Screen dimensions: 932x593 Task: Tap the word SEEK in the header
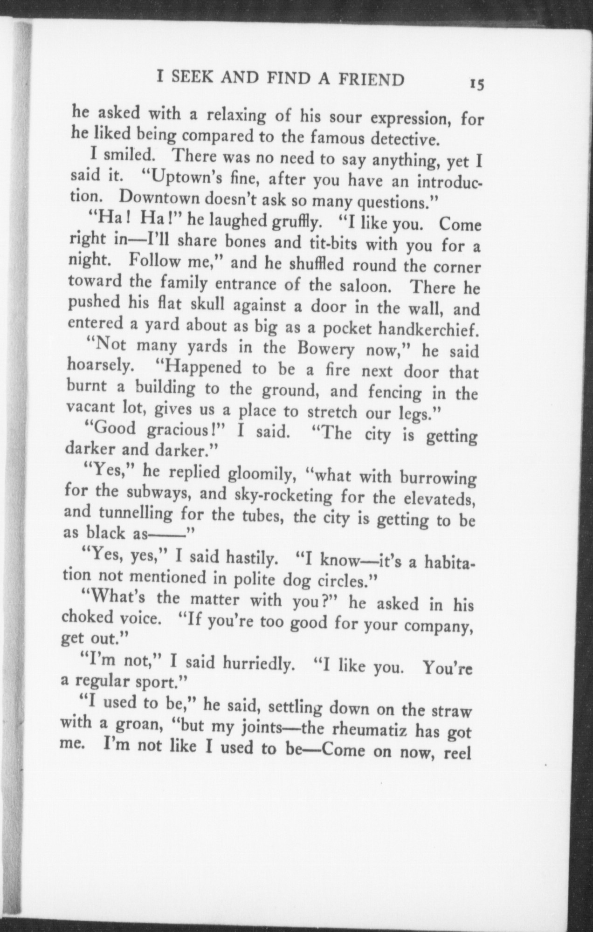click(194, 77)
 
